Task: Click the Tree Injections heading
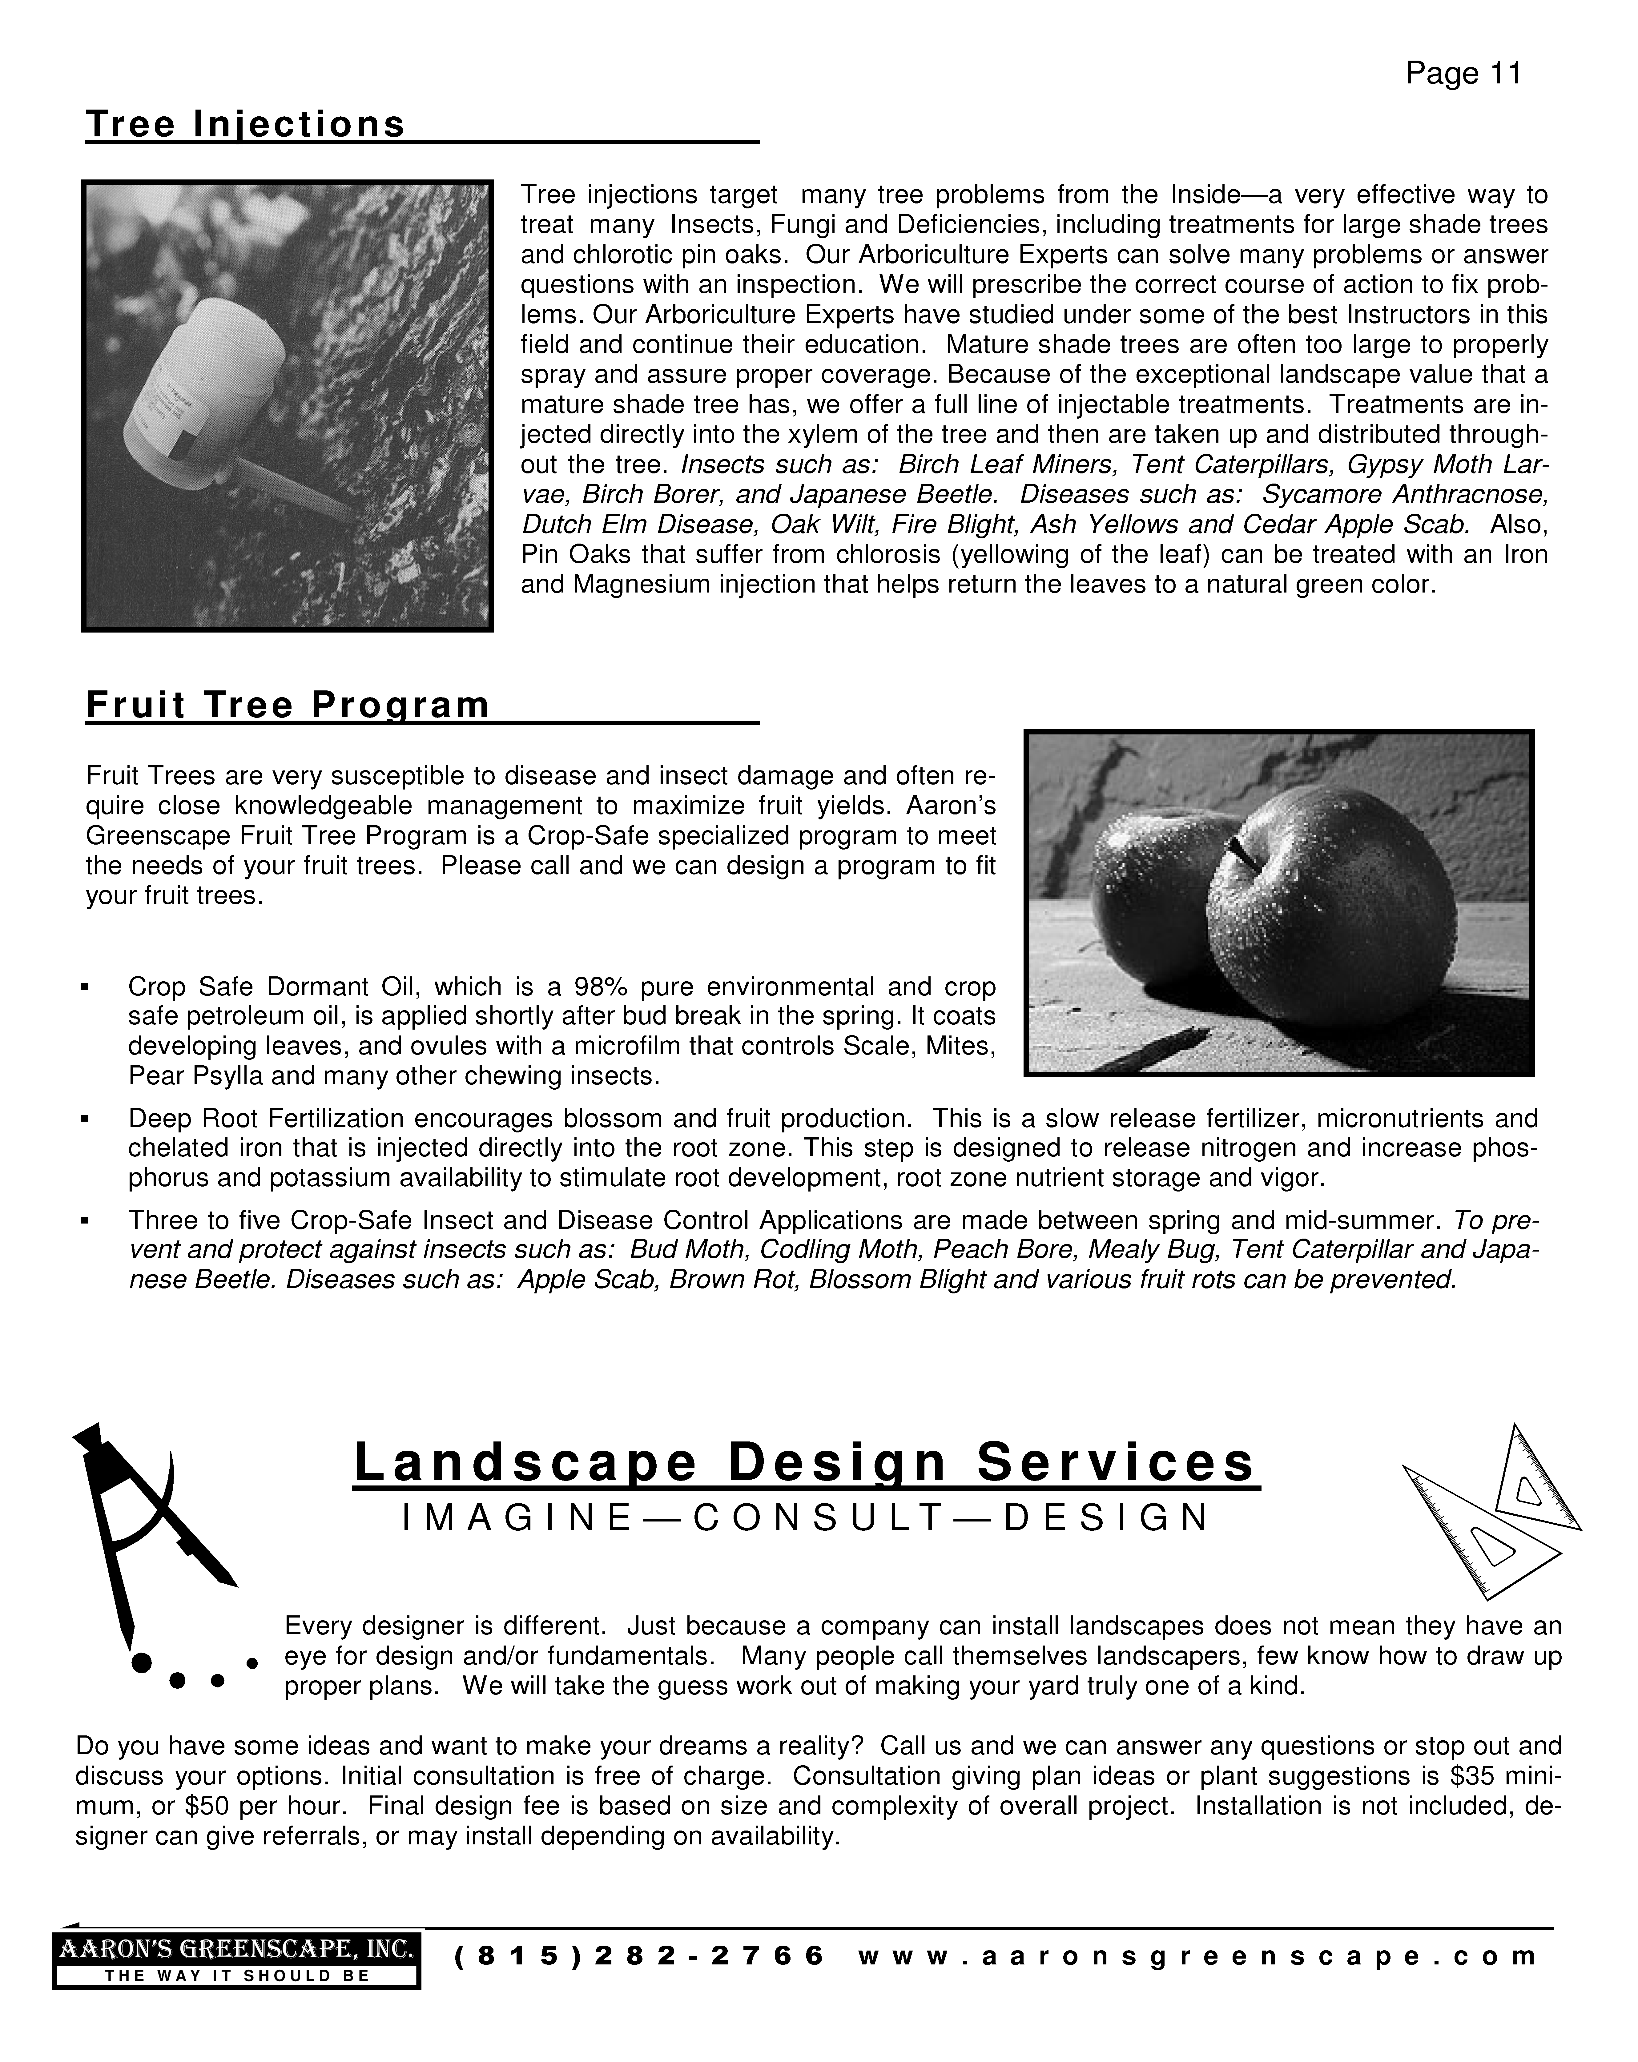pyautogui.click(x=246, y=124)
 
